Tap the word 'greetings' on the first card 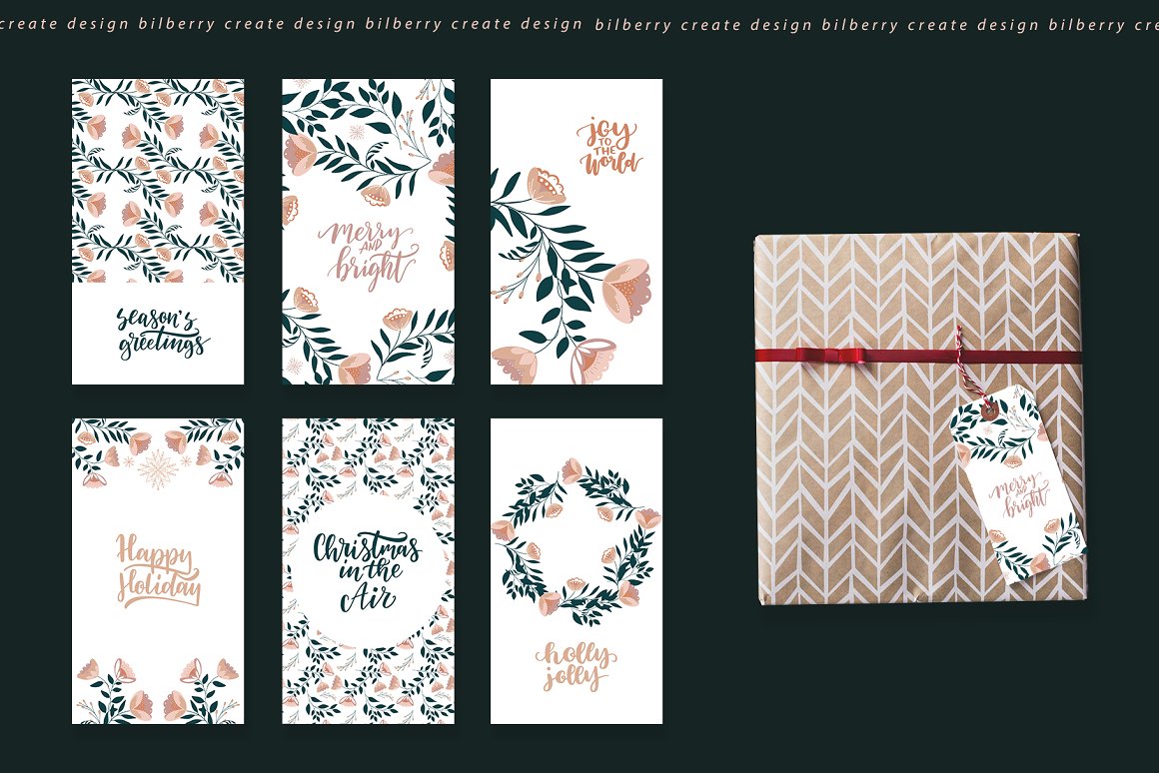[164, 345]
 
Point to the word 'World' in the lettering [610, 162]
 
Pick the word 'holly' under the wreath [578, 655]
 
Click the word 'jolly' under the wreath [573, 677]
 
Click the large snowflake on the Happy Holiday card [158, 469]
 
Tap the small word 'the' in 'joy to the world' [606, 150]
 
